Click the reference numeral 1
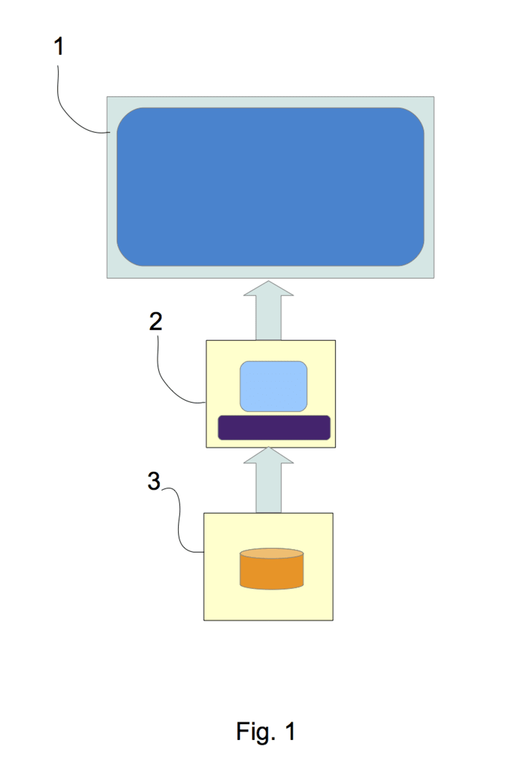coord(59,47)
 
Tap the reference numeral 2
coord(156,321)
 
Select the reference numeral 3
coord(153,481)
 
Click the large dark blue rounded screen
coord(270,187)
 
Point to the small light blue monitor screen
coord(273,386)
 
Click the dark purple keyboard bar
coord(274,428)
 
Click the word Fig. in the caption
coord(256,731)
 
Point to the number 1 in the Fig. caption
coord(290,731)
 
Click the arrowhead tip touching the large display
coord(269,282)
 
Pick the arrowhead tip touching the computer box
coord(269,449)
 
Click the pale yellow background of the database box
coord(222,598)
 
